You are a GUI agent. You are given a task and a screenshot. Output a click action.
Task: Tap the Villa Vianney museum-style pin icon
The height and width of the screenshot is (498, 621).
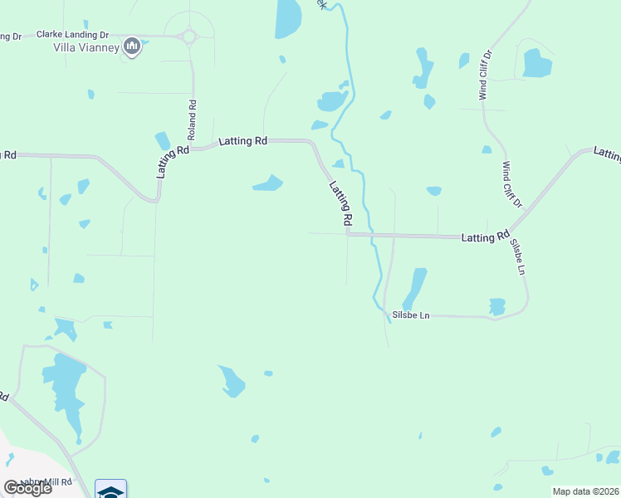tap(131, 46)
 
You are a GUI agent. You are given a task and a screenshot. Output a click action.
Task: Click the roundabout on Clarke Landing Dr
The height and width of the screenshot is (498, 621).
tap(189, 36)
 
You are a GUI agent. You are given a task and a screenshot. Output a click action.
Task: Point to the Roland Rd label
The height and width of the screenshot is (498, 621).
tap(192, 119)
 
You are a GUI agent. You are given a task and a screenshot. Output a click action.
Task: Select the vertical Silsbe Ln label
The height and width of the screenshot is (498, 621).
tap(519, 258)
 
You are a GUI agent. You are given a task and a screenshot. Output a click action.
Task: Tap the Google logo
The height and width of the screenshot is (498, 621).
tap(27, 487)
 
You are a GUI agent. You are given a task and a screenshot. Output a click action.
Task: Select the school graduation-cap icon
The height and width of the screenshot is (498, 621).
tap(110, 491)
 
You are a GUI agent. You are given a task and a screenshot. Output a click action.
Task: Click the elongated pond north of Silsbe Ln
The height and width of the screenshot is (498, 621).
tap(413, 288)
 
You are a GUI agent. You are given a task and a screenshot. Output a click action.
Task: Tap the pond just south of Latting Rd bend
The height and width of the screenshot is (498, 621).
tap(267, 183)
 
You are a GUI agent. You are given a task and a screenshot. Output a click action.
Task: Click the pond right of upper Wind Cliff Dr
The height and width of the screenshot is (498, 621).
tap(536, 63)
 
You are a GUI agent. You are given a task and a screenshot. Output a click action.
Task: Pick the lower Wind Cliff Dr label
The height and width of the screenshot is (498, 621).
tap(511, 184)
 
